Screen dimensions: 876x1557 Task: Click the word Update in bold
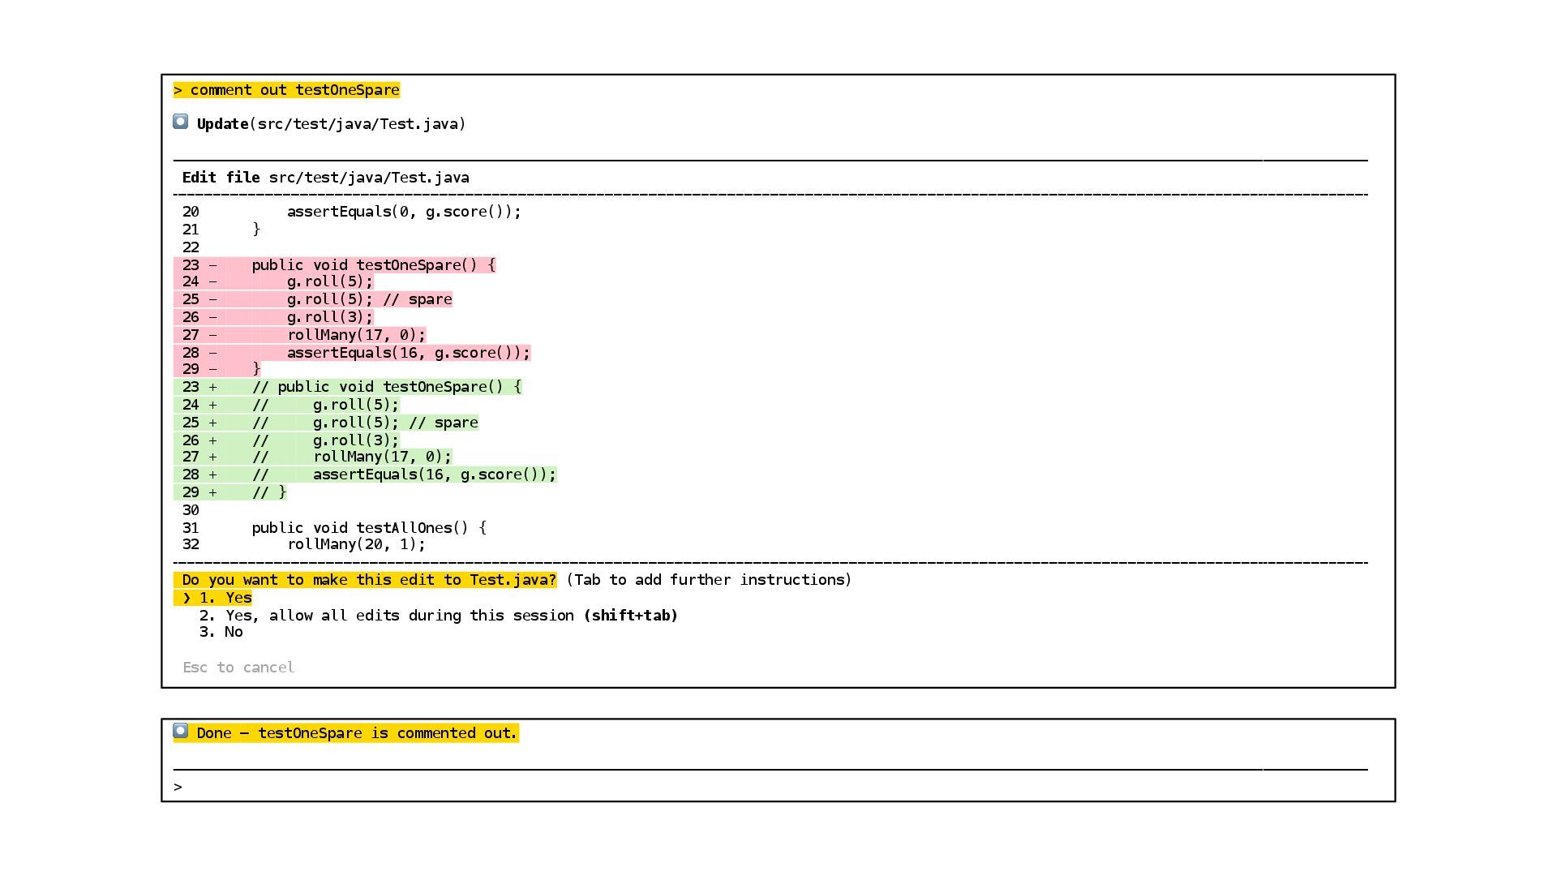(222, 124)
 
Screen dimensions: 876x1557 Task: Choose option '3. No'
(221, 632)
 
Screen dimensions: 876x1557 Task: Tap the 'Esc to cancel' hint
(238, 668)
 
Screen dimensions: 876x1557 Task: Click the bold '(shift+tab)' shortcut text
(630, 616)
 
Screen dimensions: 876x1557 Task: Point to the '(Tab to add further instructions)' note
(709, 580)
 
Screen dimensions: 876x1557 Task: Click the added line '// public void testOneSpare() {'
(387, 387)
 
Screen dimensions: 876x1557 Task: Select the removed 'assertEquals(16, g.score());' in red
(408, 353)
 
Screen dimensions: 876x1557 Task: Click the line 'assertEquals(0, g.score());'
(404, 212)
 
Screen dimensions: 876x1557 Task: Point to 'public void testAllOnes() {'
(369, 528)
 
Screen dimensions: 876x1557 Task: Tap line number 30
(191, 510)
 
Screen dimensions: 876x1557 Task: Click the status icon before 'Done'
(181, 732)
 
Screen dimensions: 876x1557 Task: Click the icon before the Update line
(181, 122)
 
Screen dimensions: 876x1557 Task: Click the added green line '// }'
(269, 492)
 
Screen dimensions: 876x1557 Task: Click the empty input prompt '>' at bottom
(178, 787)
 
